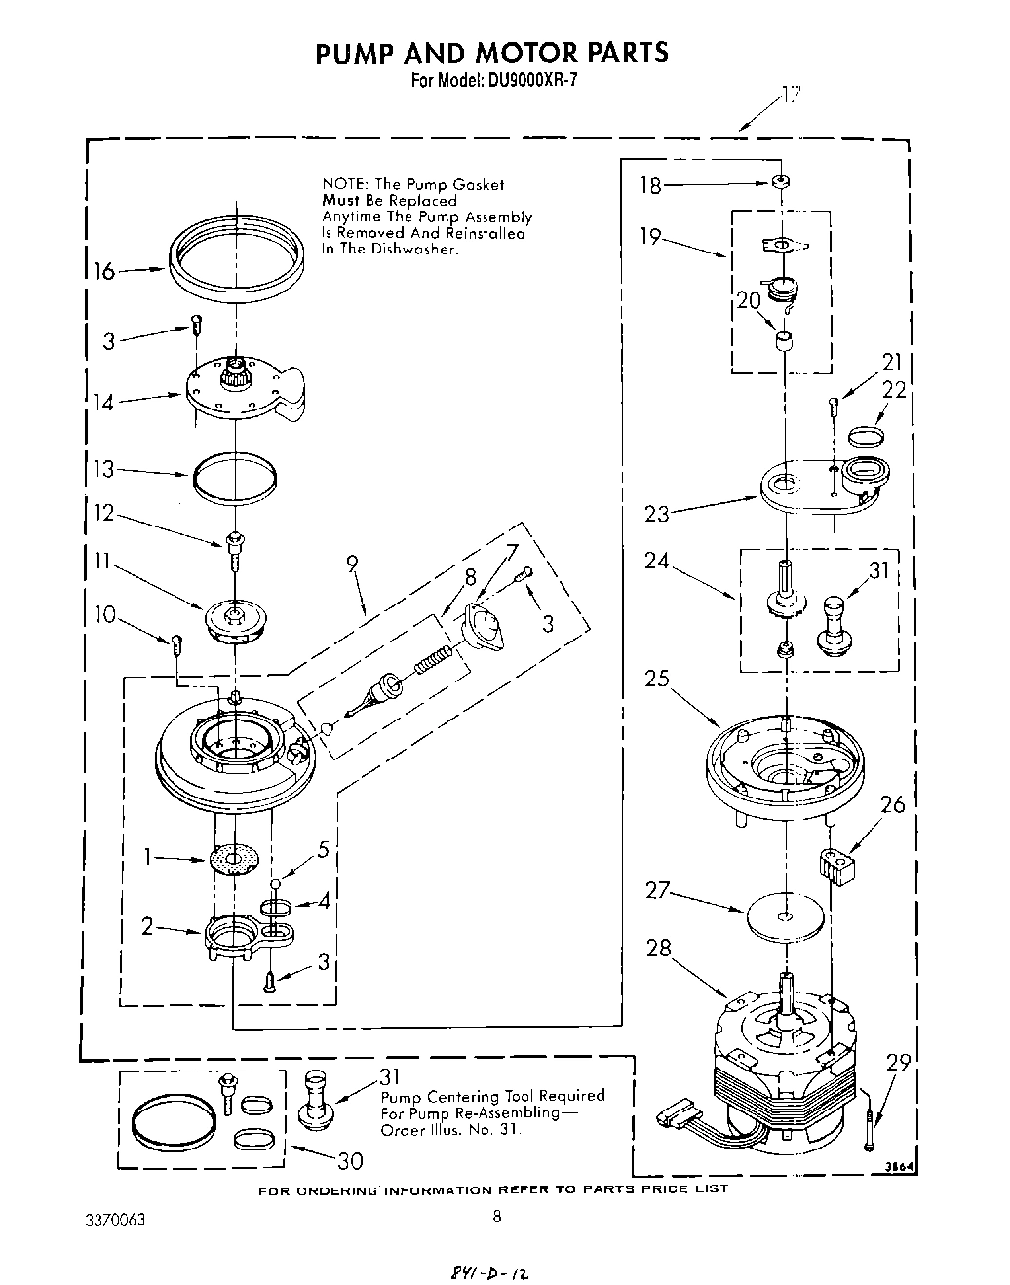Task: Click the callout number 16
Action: [103, 271]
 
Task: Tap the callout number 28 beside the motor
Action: [659, 947]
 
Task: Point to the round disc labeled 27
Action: [784, 915]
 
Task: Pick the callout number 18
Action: [651, 186]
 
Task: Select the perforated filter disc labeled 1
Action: [236, 859]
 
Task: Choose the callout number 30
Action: [349, 1161]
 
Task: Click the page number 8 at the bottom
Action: [496, 1216]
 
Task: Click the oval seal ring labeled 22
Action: [868, 433]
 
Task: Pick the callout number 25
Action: [657, 678]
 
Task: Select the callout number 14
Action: [103, 402]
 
